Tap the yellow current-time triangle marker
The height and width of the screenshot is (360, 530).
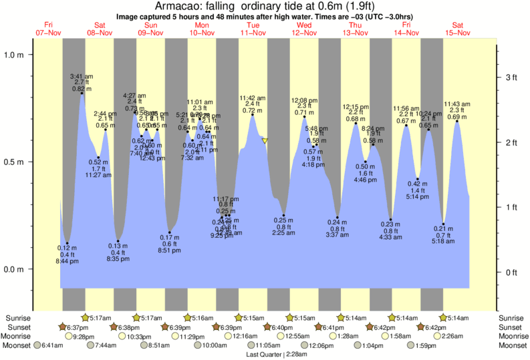click(265, 141)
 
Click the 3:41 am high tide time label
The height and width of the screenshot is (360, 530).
click(82, 75)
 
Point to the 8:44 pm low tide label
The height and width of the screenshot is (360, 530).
click(67, 260)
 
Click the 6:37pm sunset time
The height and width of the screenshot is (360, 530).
click(79, 327)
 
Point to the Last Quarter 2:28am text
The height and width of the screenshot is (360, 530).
click(265, 354)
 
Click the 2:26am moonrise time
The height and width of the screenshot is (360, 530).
click(452, 336)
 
